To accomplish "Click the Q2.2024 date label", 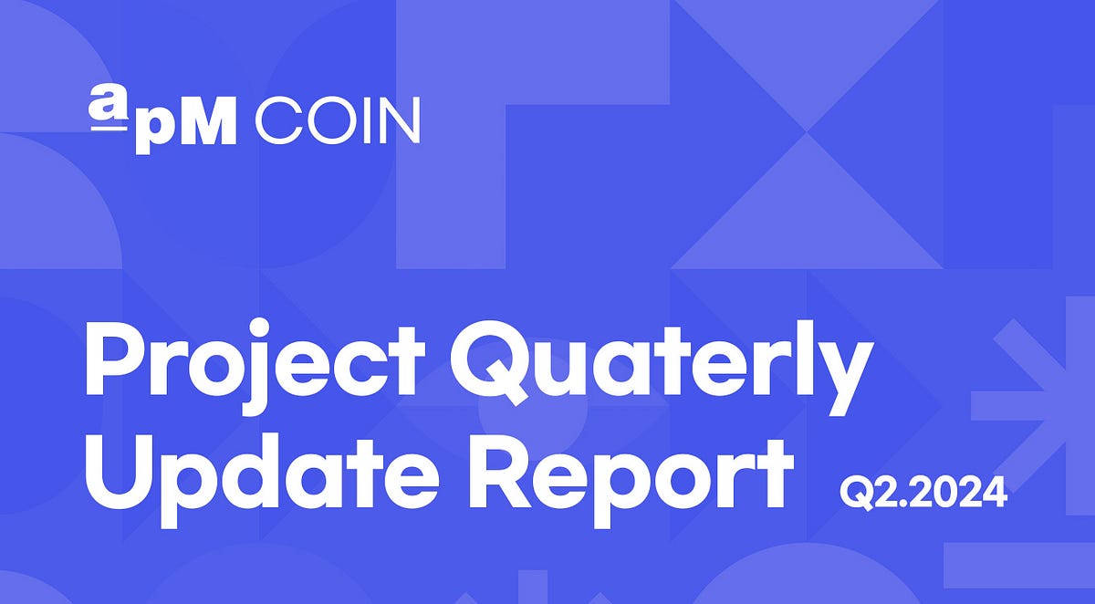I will tap(923, 494).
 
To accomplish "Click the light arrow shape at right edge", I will tap(1040, 401).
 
